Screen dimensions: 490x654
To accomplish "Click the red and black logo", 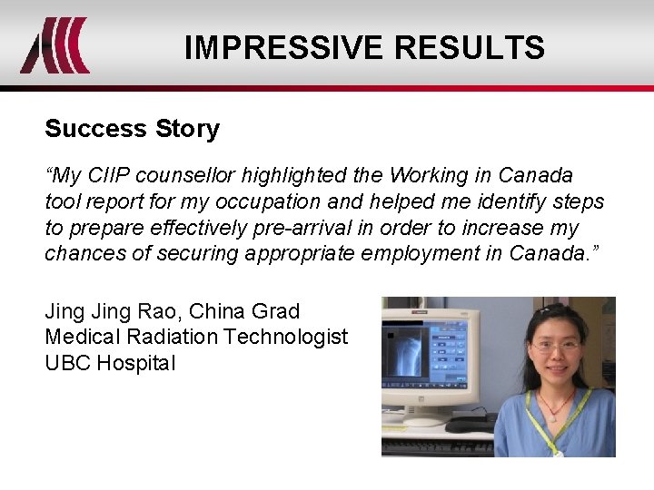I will (54, 45).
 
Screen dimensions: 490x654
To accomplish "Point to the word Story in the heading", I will (187, 129).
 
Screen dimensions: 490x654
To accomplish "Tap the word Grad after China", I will (275, 311).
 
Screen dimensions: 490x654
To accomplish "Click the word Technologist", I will (286, 337).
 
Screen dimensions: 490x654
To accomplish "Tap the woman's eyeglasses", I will (556, 347).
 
